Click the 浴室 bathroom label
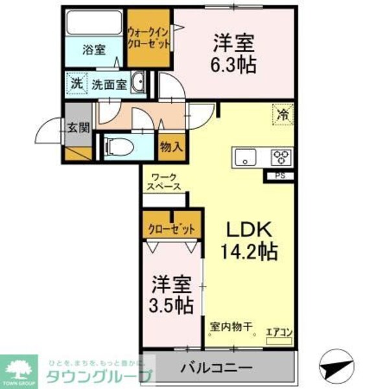click(94, 49)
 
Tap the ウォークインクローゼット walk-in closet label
click(148, 38)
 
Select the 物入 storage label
click(171, 147)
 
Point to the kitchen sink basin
click(246, 156)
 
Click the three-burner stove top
click(280, 157)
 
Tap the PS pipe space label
click(280, 174)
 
